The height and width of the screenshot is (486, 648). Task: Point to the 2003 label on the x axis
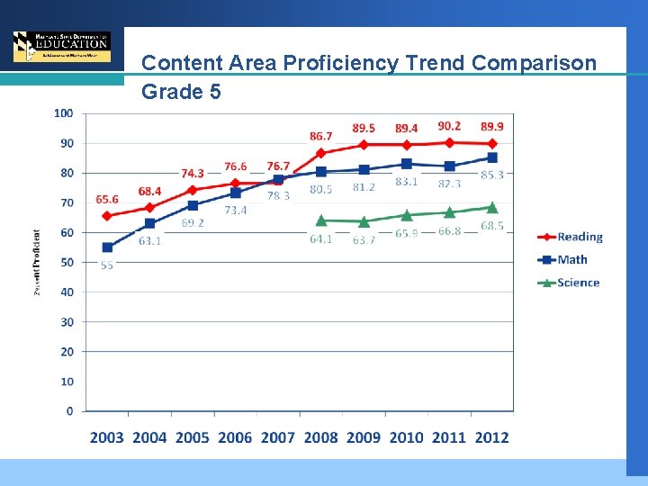(107, 437)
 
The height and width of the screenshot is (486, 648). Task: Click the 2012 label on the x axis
(491, 437)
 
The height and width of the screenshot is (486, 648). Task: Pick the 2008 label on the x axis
(320, 437)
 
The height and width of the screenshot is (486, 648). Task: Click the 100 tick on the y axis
(63, 113)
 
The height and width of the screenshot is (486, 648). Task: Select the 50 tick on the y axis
(67, 262)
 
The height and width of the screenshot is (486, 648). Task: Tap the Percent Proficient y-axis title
(37, 262)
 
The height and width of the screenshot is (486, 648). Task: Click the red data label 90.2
(450, 126)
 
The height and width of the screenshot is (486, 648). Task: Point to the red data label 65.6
(107, 200)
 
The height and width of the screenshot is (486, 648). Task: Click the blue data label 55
(106, 265)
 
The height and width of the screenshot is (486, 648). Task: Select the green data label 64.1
(320, 238)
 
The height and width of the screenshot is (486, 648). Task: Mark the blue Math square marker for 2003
(107, 247)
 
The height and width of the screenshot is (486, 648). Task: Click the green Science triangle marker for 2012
(492, 208)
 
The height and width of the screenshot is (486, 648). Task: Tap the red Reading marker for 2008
(320, 153)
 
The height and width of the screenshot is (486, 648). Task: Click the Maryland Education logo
(62, 46)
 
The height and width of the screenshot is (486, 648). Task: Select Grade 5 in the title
(181, 92)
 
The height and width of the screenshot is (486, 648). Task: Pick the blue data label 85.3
(492, 175)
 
